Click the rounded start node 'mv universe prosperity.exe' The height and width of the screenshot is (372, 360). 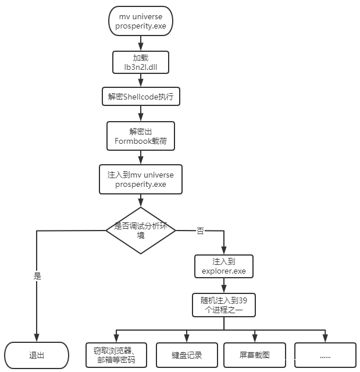[141, 21]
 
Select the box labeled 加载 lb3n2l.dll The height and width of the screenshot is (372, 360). [141, 62]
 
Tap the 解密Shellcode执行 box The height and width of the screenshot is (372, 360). [141, 97]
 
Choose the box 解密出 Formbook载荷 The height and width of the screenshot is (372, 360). [141, 136]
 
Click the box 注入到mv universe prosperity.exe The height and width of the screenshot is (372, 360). [141, 179]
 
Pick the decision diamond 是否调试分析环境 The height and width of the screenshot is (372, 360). [141, 231]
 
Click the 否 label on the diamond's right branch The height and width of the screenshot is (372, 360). [200, 231]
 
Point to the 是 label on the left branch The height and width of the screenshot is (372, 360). [37, 276]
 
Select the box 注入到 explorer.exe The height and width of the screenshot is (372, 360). [224, 267]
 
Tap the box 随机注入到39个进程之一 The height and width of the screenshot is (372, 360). [224, 305]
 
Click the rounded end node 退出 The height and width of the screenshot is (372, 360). [37, 355]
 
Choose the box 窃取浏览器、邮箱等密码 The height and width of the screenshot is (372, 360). [116, 355]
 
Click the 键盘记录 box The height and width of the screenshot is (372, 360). [187, 355]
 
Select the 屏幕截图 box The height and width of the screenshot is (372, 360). [255, 355]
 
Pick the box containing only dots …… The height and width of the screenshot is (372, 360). [326, 355]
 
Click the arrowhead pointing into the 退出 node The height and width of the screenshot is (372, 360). [37, 338]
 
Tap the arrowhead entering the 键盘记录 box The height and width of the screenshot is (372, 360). [187, 339]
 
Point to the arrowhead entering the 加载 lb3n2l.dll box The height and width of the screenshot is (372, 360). [141, 47]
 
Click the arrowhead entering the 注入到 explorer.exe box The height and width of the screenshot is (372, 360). [224, 251]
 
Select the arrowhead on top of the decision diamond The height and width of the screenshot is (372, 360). [141, 203]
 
